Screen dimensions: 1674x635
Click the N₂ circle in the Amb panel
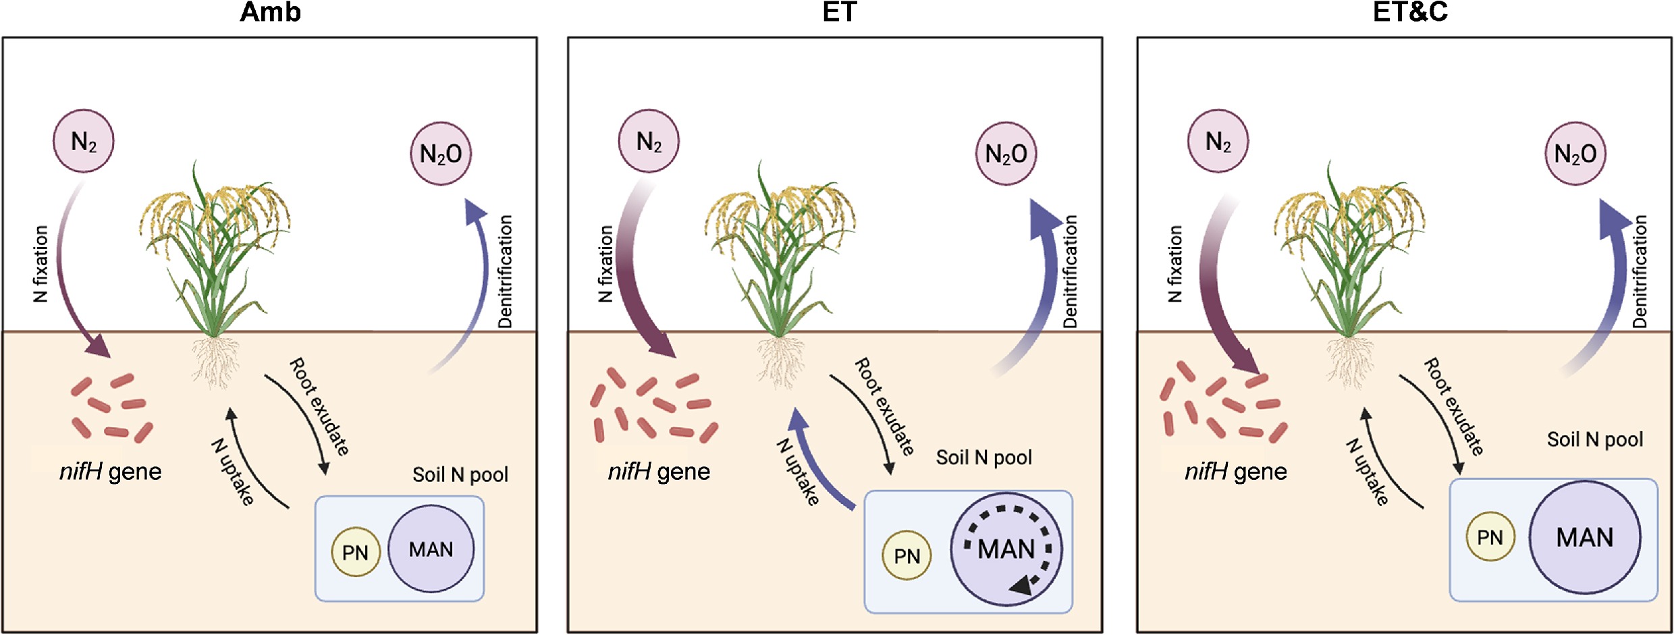point(84,141)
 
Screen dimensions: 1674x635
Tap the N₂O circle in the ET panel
point(1006,153)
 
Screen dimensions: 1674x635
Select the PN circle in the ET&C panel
point(1490,537)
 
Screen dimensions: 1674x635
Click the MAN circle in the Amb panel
point(431,549)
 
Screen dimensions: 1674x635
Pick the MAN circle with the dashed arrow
point(1006,549)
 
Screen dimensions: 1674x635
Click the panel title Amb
point(271,12)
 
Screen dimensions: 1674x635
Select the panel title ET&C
point(1410,12)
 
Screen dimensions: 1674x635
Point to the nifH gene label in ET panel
point(659,471)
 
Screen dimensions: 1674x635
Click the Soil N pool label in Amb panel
point(460,474)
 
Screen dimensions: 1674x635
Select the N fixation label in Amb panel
point(40,264)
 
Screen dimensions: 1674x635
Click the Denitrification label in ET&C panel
point(1640,272)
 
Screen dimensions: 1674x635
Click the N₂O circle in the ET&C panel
point(1575,153)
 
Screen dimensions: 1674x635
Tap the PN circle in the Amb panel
point(356,552)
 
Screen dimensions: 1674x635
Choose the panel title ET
point(839,12)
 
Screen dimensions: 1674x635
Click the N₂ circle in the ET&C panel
point(1218,141)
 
